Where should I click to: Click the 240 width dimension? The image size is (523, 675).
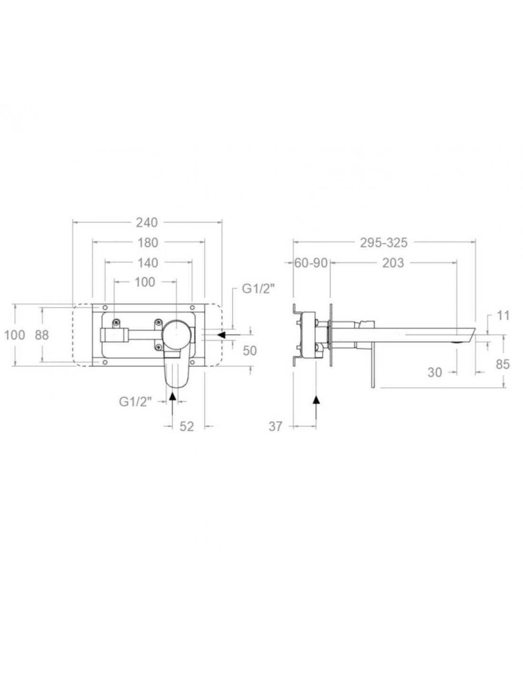coord(147,223)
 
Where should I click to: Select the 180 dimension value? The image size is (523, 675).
coord(148,243)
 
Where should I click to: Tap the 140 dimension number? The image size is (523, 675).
coord(148,263)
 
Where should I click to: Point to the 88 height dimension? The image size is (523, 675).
coord(42,335)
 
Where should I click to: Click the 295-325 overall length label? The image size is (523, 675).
coord(384,243)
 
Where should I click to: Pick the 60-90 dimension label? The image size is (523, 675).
coord(311,263)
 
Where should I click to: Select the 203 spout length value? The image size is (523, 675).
coord(393,263)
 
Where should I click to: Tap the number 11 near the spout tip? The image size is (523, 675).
coord(504,316)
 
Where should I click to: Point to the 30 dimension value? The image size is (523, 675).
coord(435,372)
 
